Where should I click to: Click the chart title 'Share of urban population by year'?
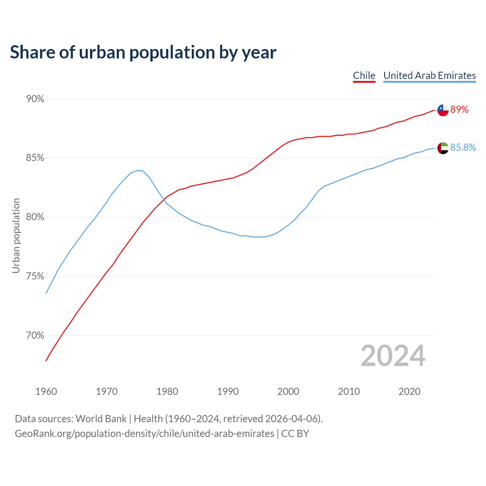coord(143,52)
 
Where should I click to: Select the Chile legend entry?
coord(364,76)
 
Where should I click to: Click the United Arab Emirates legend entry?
coord(429,76)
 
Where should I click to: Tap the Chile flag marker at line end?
coord(443,110)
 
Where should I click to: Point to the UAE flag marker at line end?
coord(443,148)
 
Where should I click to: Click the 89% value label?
coord(459,110)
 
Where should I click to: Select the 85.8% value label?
coord(463,148)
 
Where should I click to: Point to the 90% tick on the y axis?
coord(35,99)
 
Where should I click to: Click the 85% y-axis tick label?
coord(35,158)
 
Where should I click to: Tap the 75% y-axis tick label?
coord(35,276)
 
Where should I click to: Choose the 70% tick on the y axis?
coord(35,336)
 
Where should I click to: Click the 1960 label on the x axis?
coord(46,391)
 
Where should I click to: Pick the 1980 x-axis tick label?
coord(167,391)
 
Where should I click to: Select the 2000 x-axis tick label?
coord(288,391)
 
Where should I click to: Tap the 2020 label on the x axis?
coord(409,391)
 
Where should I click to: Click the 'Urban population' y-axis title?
coord(16,235)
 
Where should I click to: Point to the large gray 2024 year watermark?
coord(393,356)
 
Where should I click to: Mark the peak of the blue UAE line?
coord(140,170)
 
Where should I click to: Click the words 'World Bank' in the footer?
coord(101,419)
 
